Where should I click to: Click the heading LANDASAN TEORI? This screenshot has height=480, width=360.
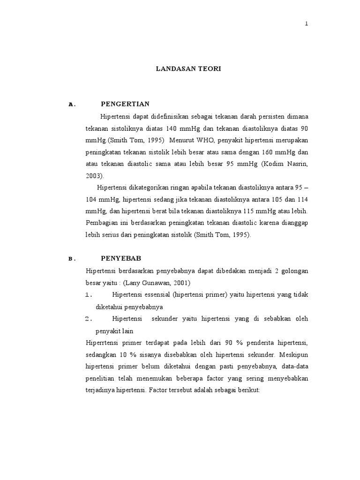click(x=188, y=69)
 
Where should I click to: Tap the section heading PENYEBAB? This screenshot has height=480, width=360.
click(x=121, y=258)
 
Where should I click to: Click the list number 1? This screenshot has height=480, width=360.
click(x=89, y=295)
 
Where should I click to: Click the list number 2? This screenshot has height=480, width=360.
click(x=89, y=319)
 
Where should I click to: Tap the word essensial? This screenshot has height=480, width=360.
click(x=159, y=295)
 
